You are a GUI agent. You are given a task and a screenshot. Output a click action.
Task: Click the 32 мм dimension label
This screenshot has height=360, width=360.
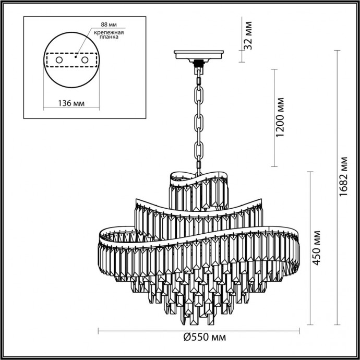[x=249, y=34]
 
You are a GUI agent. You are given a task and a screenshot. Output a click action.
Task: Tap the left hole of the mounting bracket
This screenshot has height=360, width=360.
[x=59, y=61]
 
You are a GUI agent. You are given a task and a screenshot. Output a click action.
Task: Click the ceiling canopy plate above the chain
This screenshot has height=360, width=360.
[x=199, y=54]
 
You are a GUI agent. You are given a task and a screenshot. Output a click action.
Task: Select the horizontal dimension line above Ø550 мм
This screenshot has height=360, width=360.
[x=199, y=330]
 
